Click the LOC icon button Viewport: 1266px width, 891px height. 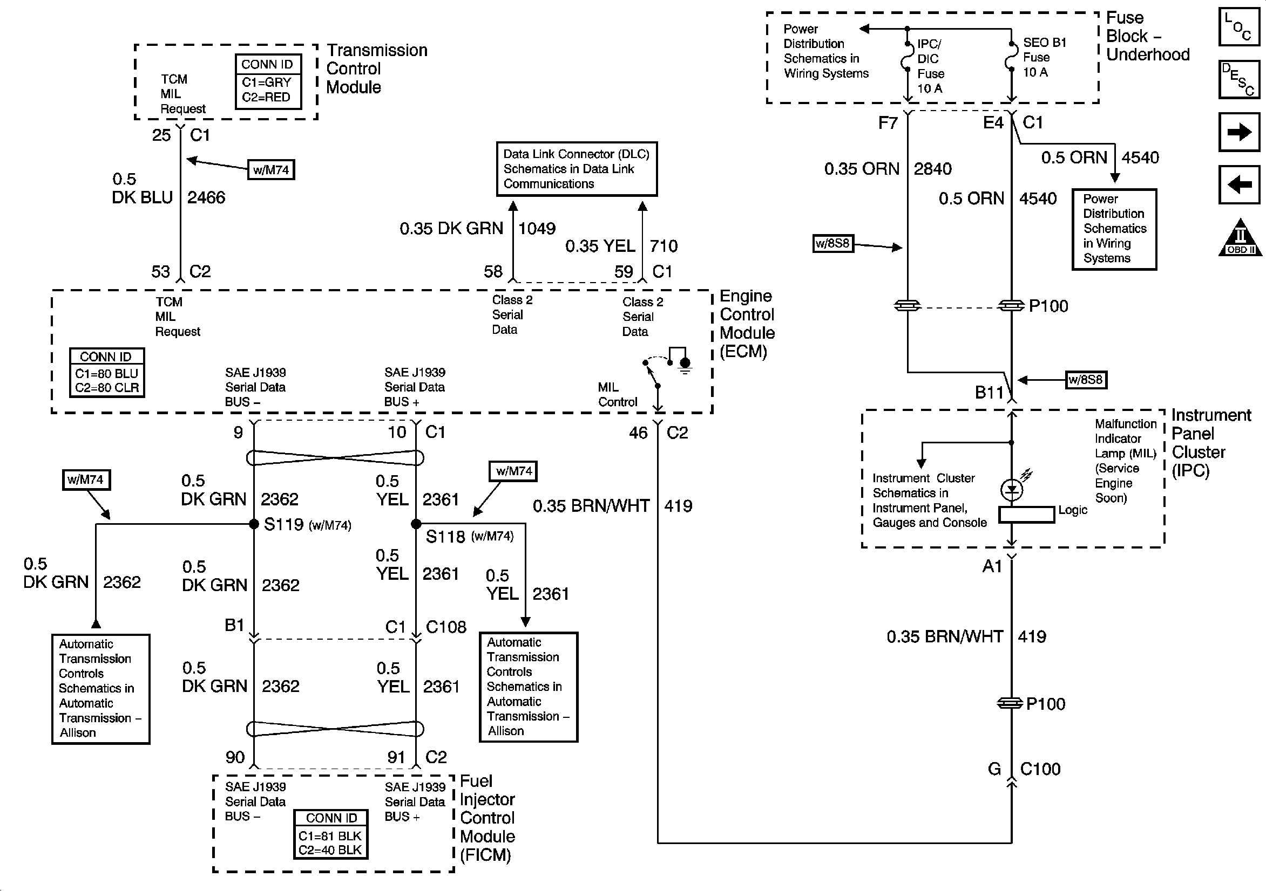point(1239,26)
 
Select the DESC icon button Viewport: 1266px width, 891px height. point(1239,79)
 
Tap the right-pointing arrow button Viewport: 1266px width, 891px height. point(1239,132)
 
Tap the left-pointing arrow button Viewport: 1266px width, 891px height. point(1239,184)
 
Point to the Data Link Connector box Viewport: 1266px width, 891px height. point(576,169)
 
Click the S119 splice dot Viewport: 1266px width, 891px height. point(254,524)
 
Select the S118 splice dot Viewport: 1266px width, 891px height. point(416,524)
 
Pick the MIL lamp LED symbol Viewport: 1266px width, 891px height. point(1011,489)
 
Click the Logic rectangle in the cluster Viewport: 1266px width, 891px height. point(1027,515)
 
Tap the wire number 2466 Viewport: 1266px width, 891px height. point(206,198)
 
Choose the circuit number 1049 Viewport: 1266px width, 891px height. point(537,229)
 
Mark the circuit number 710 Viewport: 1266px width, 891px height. point(664,246)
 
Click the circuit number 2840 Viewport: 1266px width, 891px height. point(932,169)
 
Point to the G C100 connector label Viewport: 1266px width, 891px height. point(1024,769)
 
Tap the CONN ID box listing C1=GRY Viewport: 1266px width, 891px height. point(268,81)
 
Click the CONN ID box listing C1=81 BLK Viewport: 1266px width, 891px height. point(330,834)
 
